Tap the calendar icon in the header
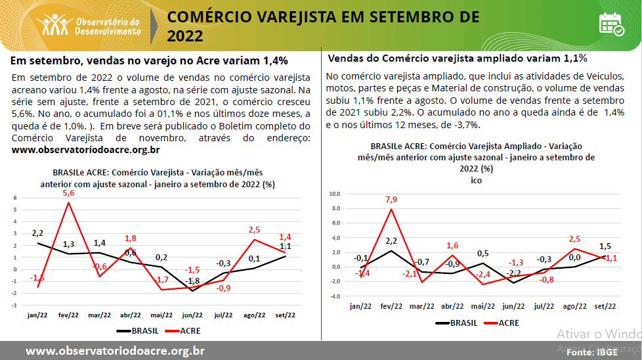(x=611, y=24)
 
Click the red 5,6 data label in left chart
(x=69, y=194)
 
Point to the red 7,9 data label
(x=391, y=200)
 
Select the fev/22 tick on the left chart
(x=68, y=315)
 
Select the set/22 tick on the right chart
(x=604, y=307)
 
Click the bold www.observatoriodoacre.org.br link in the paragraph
(x=86, y=150)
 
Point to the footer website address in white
(x=115, y=351)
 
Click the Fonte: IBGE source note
(x=592, y=352)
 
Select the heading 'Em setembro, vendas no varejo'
(x=150, y=61)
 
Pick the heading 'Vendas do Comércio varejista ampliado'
(x=457, y=58)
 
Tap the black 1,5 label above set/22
(x=605, y=246)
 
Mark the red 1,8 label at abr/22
(x=130, y=238)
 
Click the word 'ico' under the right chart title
(x=476, y=181)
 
